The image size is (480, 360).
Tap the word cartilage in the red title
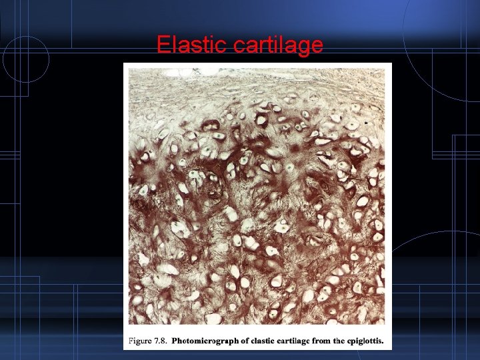pos(279,45)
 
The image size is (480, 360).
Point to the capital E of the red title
pos(163,45)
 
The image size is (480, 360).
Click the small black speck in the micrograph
pos(366,124)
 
